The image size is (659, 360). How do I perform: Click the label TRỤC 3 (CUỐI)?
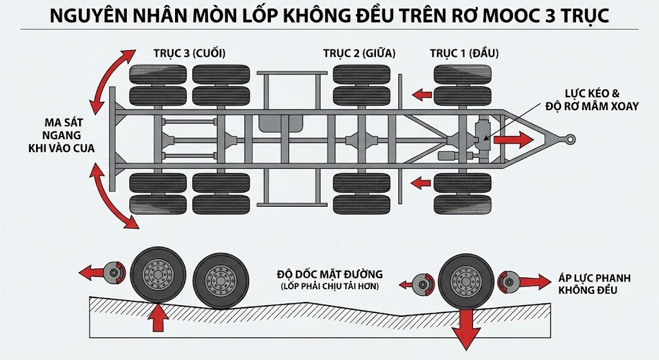click(x=189, y=53)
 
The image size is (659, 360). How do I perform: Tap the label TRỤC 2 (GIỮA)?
click(x=358, y=53)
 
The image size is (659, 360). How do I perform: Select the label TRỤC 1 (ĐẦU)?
click(x=464, y=53)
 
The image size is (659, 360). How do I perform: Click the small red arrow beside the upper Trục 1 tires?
click(x=422, y=95)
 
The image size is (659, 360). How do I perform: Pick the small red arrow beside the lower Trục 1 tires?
click(x=422, y=184)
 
